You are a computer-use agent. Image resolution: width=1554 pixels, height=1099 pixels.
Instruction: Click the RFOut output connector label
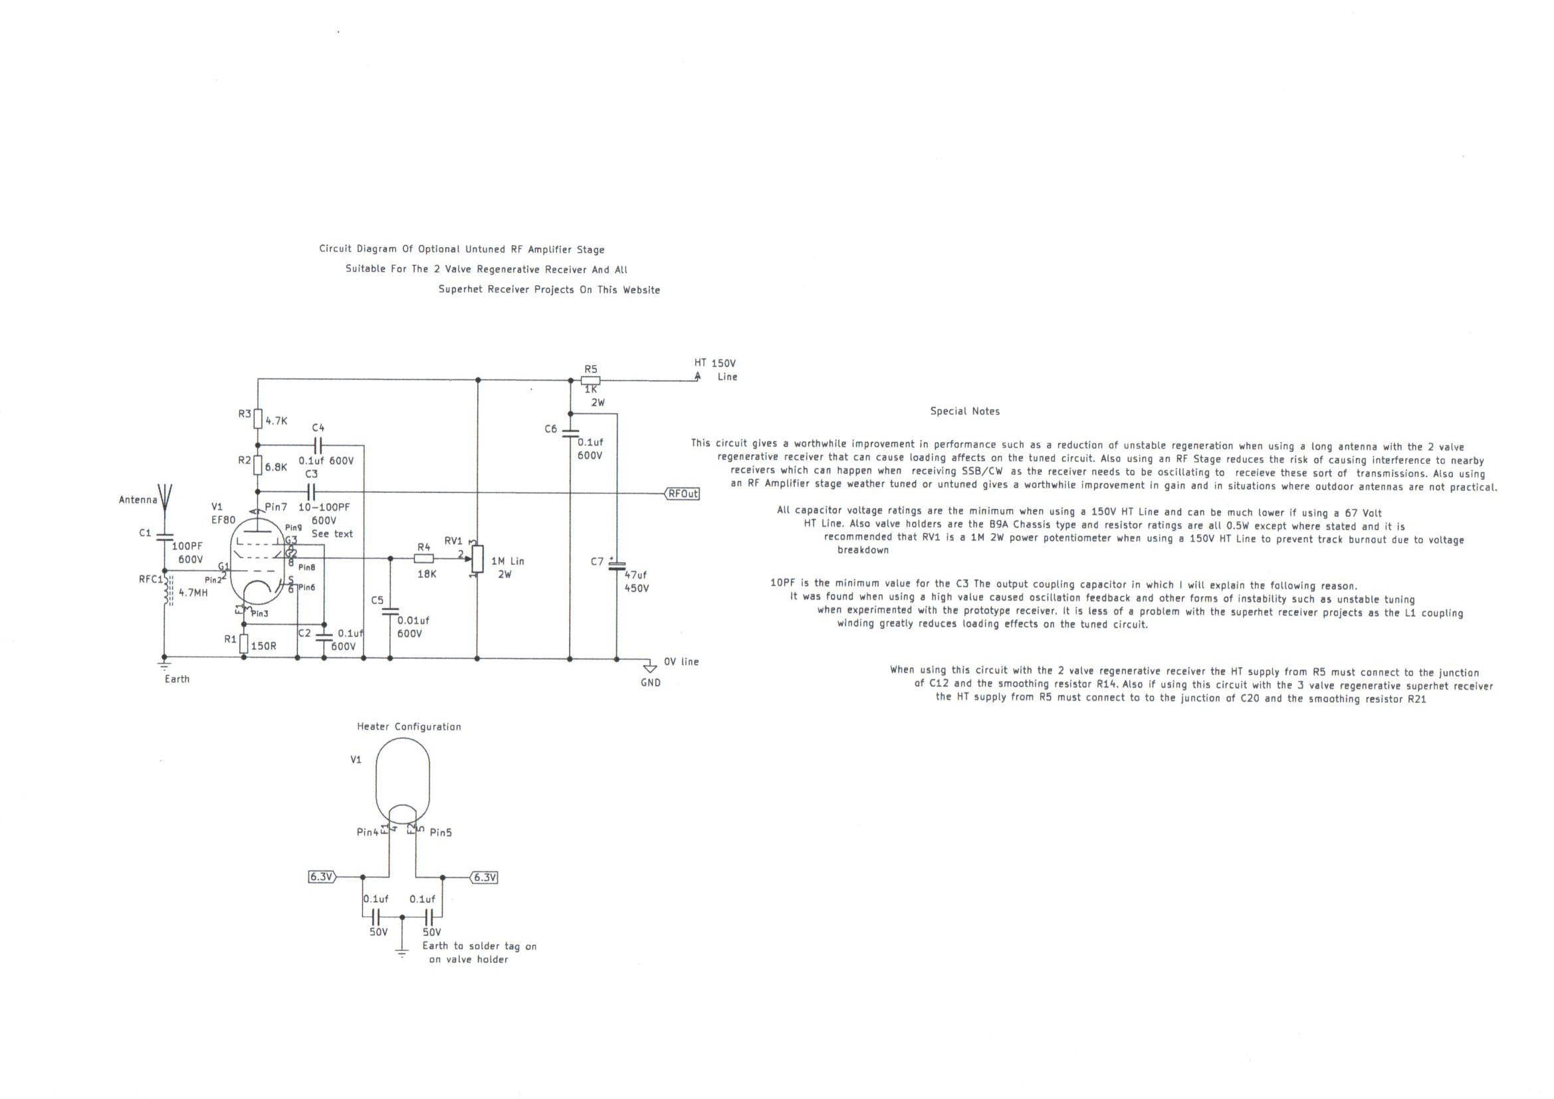[682, 494]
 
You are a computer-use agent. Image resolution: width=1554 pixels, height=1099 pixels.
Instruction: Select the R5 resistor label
[591, 369]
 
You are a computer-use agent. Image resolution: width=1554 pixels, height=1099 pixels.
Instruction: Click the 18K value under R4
[427, 574]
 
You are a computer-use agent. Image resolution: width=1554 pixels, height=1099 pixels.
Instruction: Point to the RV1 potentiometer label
[453, 542]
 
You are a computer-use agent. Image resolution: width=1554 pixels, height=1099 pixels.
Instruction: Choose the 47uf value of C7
[635, 575]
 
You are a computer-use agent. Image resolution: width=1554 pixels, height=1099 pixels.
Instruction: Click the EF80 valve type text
[223, 520]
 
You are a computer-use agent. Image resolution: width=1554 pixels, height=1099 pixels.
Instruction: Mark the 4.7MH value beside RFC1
[193, 593]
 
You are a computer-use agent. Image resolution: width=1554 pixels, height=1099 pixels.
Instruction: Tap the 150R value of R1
[264, 647]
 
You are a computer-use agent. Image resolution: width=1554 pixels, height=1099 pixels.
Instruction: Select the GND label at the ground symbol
[651, 683]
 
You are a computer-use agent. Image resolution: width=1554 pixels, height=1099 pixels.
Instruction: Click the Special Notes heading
[964, 411]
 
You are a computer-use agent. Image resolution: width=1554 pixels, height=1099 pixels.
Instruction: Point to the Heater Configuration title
[409, 727]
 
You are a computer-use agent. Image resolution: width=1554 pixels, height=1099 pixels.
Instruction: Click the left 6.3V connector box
[322, 877]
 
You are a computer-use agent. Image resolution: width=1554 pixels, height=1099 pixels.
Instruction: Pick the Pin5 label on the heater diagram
[441, 833]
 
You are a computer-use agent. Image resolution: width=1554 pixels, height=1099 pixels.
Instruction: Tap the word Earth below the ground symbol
[177, 679]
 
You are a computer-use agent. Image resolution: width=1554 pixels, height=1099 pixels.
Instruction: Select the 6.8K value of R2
[276, 467]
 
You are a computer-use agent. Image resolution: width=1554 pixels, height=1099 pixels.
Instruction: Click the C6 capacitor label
[550, 429]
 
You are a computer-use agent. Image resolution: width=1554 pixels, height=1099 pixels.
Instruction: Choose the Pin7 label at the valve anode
[276, 507]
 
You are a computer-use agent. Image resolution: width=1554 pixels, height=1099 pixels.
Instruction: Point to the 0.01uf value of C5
[413, 621]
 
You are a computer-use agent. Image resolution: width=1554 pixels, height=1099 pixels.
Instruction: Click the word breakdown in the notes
[863, 550]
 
